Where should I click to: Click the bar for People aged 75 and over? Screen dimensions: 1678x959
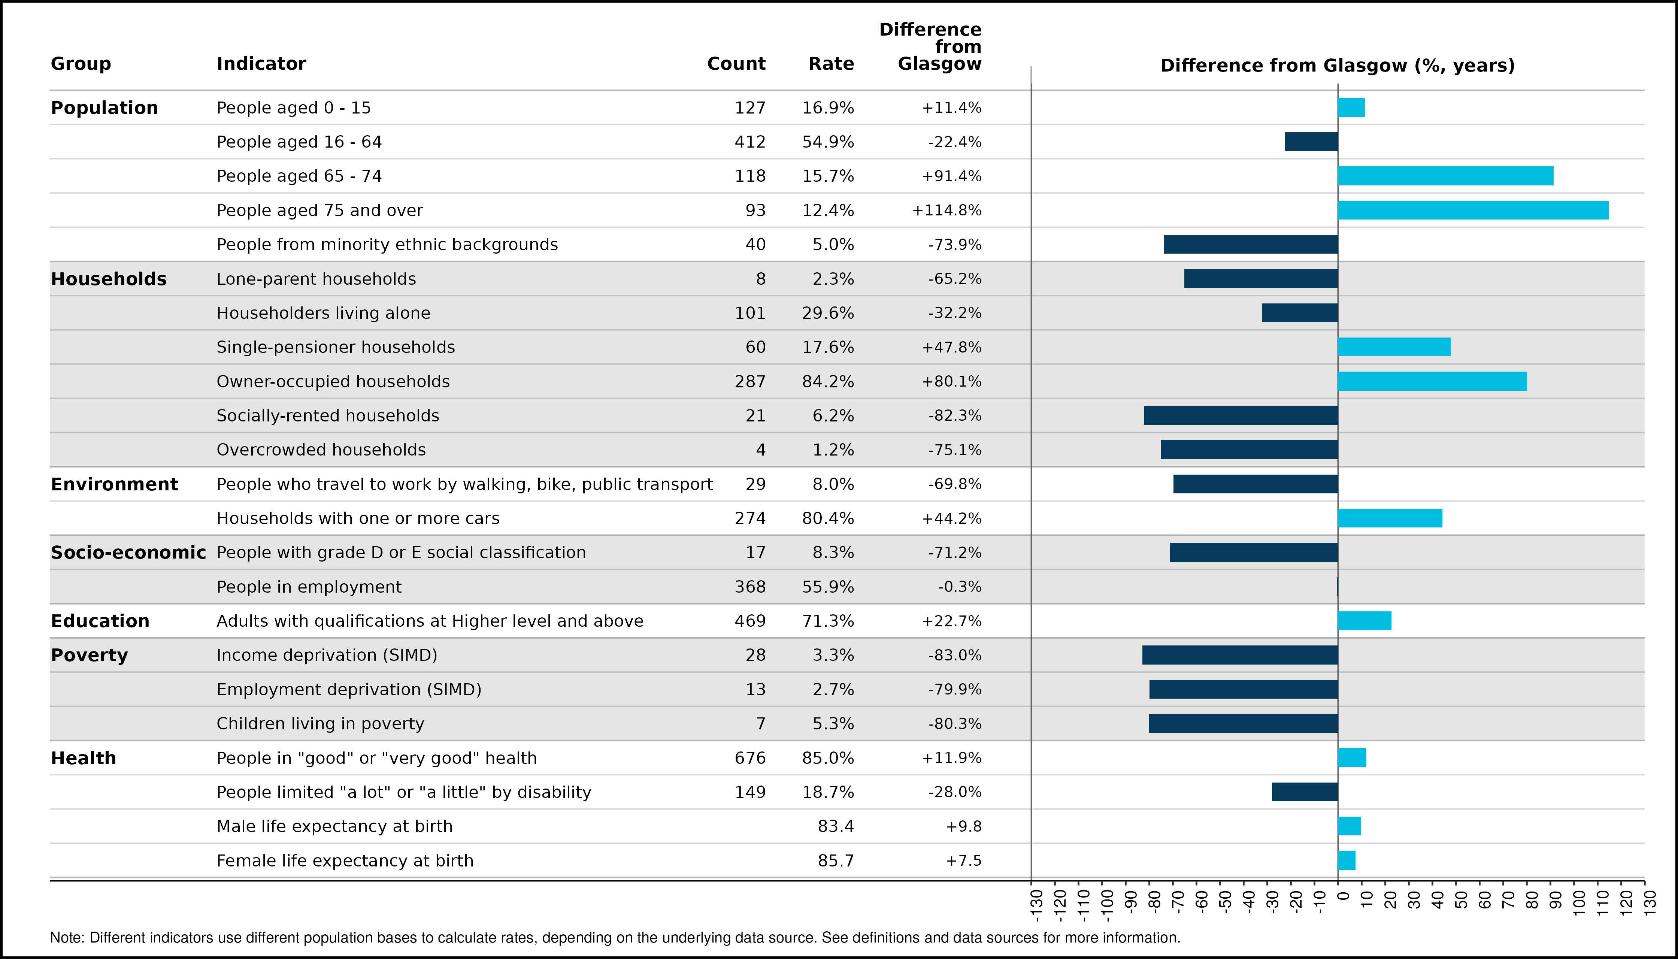[x=1473, y=210]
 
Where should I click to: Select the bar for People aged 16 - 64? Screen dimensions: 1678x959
[x=1311, y=142]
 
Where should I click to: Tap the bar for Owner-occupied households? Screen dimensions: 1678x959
[x=1432, y=381]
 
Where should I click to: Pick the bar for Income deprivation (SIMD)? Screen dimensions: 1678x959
[x=1240, y=655]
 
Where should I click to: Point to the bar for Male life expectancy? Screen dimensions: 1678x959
[x=1350, y=826]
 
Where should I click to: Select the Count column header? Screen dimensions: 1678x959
[x=736, y=64]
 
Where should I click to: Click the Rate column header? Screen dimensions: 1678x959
[x=831, y=64]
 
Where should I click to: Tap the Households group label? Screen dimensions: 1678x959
[x=109, y=279]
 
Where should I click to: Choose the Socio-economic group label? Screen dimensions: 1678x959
[x=128, y=553]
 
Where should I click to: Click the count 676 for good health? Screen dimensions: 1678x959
[x=750, y=758]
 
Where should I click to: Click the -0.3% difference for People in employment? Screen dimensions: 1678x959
[x=960, y=587]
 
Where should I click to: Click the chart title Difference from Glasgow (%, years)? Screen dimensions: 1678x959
[x=1338, y=66]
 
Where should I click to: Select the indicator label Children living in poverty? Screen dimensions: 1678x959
[x=321, y=724]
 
